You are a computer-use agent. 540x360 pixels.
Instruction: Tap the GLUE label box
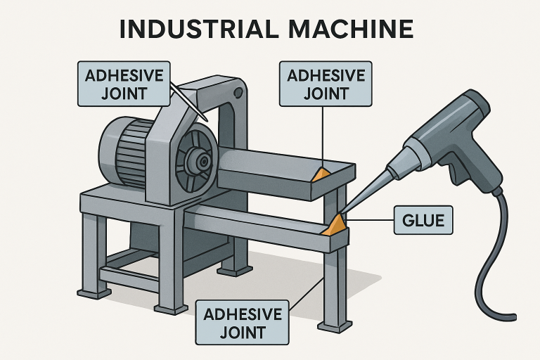point(423,220)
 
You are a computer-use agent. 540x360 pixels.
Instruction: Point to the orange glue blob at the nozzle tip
point(335,225)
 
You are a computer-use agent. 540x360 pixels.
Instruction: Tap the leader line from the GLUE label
point(371,221)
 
